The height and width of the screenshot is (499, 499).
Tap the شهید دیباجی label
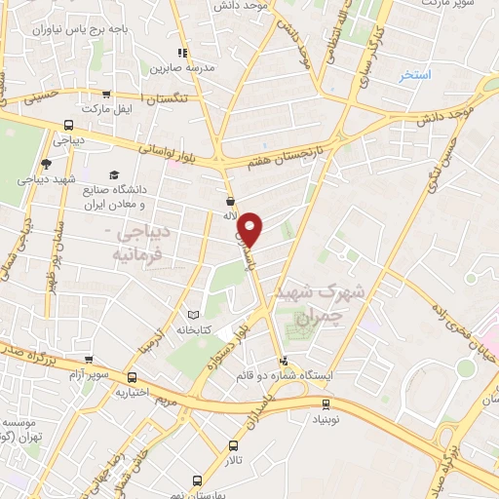pos(46,181)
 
